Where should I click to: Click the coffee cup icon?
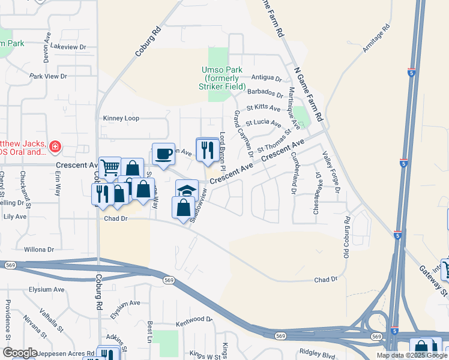click(x=163, y=154)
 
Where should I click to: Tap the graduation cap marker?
click(x=187, y=191)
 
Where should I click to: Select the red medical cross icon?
click(x=55, y=146)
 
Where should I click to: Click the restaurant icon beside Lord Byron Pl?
click(x=208, y=150)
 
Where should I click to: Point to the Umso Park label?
click(x=222, y=79)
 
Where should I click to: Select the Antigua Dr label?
click(x=267, y=78)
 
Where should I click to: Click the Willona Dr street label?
click(x=39, y=249)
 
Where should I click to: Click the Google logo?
click(x=20, y=353)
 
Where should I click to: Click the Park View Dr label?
click(x=48, y=76)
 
